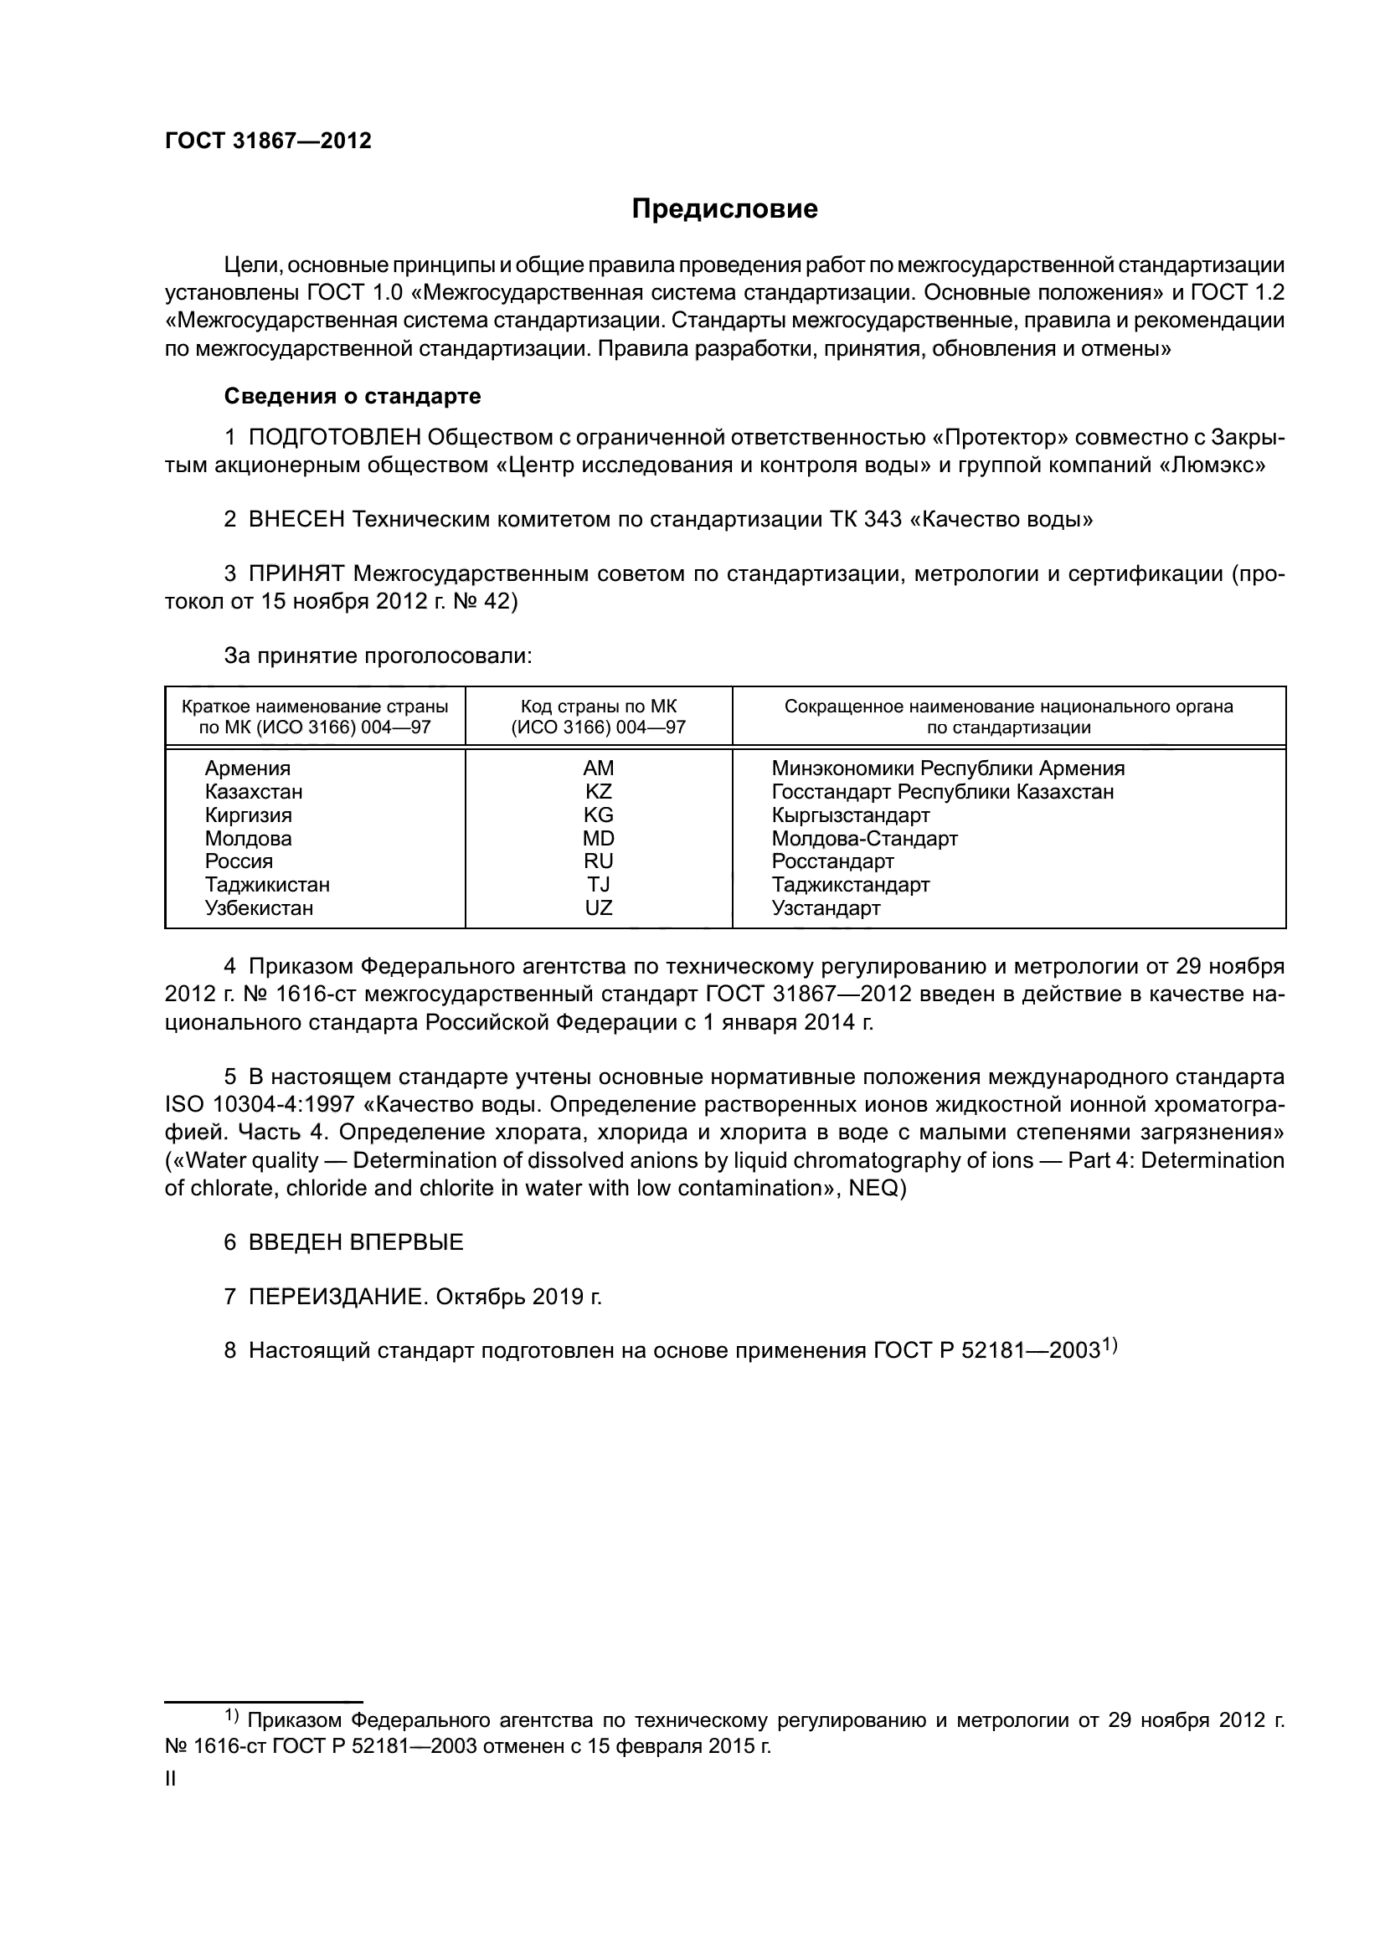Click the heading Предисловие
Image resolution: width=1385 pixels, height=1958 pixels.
point(724,209)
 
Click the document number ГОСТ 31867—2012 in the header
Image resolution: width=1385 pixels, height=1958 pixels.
point(268,141)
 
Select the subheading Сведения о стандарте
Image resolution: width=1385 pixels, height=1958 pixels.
point(353,396)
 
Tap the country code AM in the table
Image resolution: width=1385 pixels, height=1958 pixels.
point(598,768)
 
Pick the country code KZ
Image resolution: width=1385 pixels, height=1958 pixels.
point(598,791)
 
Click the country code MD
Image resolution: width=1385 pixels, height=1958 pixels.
point(598,838)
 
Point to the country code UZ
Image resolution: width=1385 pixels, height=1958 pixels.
point(598,908)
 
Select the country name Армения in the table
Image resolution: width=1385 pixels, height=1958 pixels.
point(247,768)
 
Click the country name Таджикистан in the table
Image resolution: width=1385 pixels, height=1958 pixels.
point(267,884)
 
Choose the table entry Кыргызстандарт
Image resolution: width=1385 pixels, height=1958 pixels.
point(850,815)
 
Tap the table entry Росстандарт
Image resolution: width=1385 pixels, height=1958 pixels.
point(832,861)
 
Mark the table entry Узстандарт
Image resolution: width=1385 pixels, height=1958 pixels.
point(826,908)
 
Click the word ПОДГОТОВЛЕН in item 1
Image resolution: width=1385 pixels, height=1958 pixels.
point(334,438)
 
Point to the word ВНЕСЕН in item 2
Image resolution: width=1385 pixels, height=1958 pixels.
point(296,519)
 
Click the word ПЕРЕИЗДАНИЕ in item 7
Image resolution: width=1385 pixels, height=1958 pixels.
point(336,1297)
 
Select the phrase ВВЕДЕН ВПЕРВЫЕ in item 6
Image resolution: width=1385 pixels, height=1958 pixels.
point(356,1242)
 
